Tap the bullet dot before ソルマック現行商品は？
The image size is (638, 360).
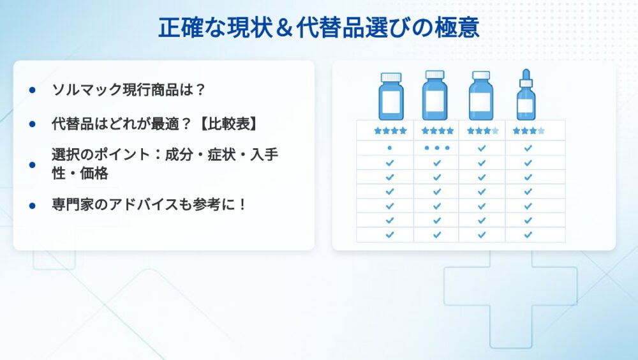(33, 90)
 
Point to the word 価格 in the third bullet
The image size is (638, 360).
(94, 174)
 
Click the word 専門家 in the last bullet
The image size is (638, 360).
(73, 204)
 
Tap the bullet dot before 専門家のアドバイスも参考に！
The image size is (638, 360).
(33, 206)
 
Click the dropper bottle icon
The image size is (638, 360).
(526, 94)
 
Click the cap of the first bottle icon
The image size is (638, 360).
(391, 77)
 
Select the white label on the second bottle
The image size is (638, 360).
(434, 100)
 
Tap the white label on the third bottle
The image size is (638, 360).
(480, 102)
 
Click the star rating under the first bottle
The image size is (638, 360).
(390, 131)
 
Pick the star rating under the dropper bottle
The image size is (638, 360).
(528, 131)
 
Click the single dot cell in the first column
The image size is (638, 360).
(390, 148)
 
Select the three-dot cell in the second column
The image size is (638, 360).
(437, 148)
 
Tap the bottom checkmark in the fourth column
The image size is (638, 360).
(528, 235)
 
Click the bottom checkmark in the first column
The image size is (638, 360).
(390, 235)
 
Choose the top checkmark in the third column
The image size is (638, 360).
(482, 148)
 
